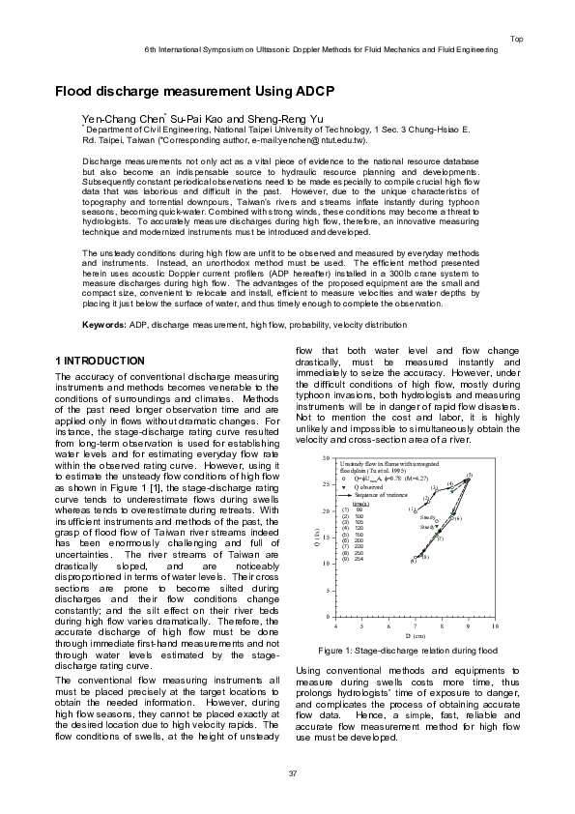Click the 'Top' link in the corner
tap(517, 38)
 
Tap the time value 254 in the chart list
tap(359, 559)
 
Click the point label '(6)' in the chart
tap(459, 518)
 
